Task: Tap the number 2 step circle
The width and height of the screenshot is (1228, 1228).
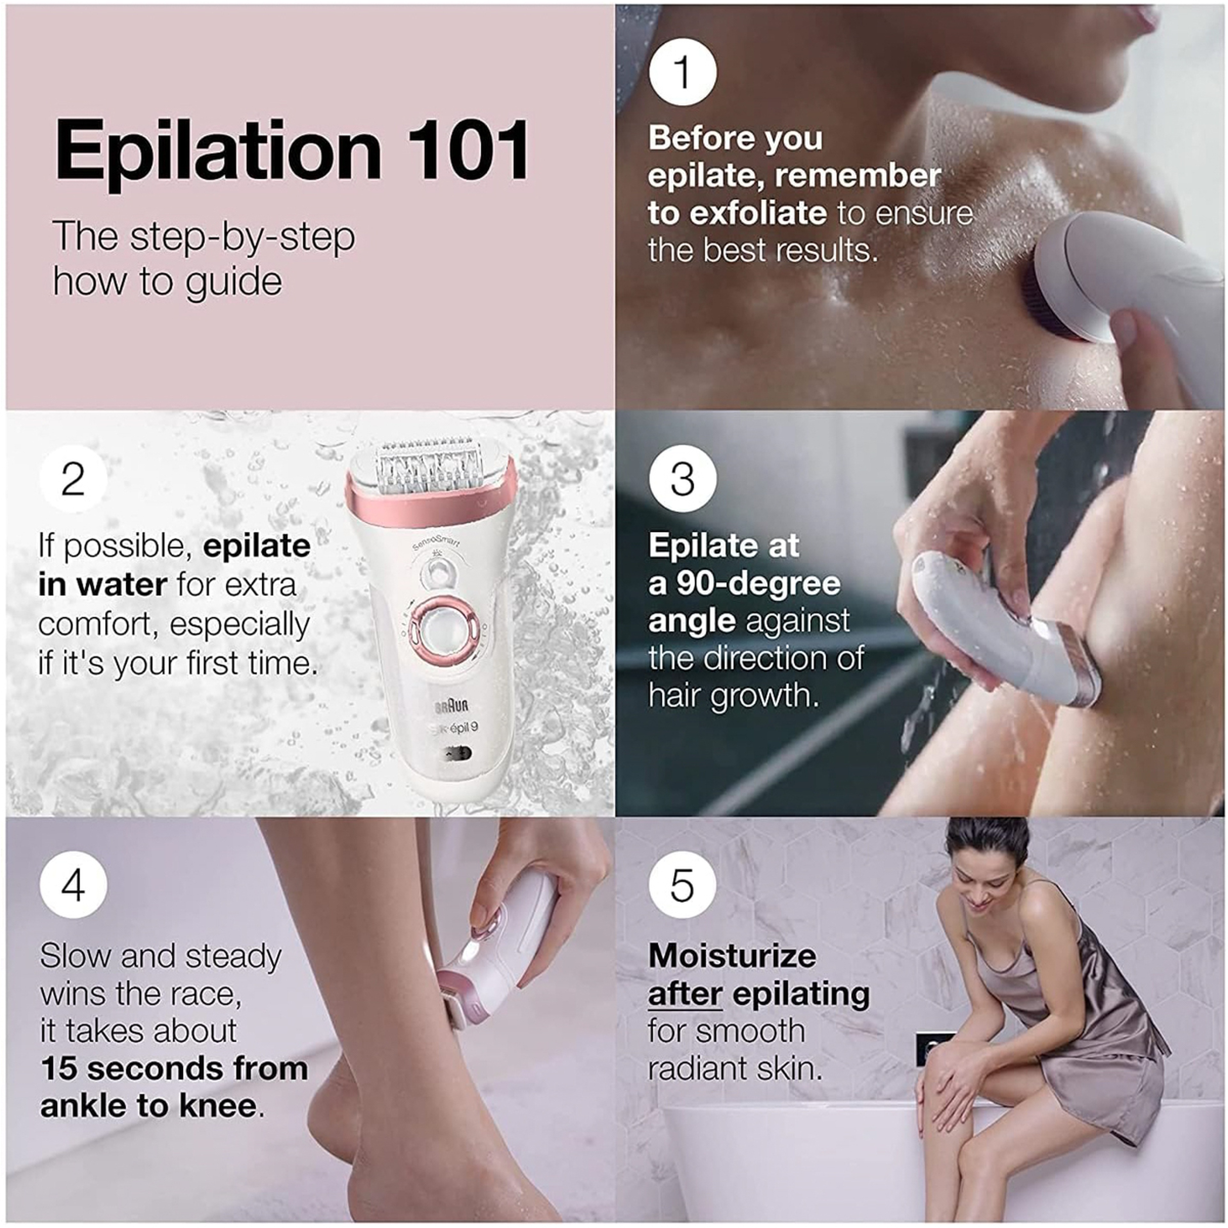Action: [x=73, y=479]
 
